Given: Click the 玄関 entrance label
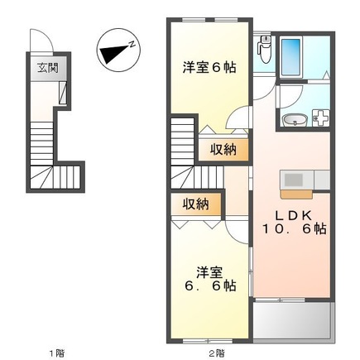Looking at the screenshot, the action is [x=48, y=68].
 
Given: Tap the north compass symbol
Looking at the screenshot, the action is [x=118, y=50].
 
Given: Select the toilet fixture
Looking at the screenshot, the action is [x=264, y=49].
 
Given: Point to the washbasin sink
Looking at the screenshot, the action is [x=295, y=120].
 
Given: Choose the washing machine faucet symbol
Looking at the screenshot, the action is [x=320, y=118].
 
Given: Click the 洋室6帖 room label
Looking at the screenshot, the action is [x=209, y=68].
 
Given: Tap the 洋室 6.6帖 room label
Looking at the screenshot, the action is [x=210, y=279].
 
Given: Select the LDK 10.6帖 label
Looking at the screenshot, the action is [x=294, y=222].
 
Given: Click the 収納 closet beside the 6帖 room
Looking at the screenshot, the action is [x=223, y=150].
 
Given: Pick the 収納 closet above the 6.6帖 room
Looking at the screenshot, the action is [x=196, y=204].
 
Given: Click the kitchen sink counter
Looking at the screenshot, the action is [x=305, y=180].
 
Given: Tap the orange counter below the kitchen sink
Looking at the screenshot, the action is [x=296, y=194].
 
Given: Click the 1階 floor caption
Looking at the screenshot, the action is [x=57, y=353].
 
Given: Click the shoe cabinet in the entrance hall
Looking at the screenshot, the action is [x=63, y=93].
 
